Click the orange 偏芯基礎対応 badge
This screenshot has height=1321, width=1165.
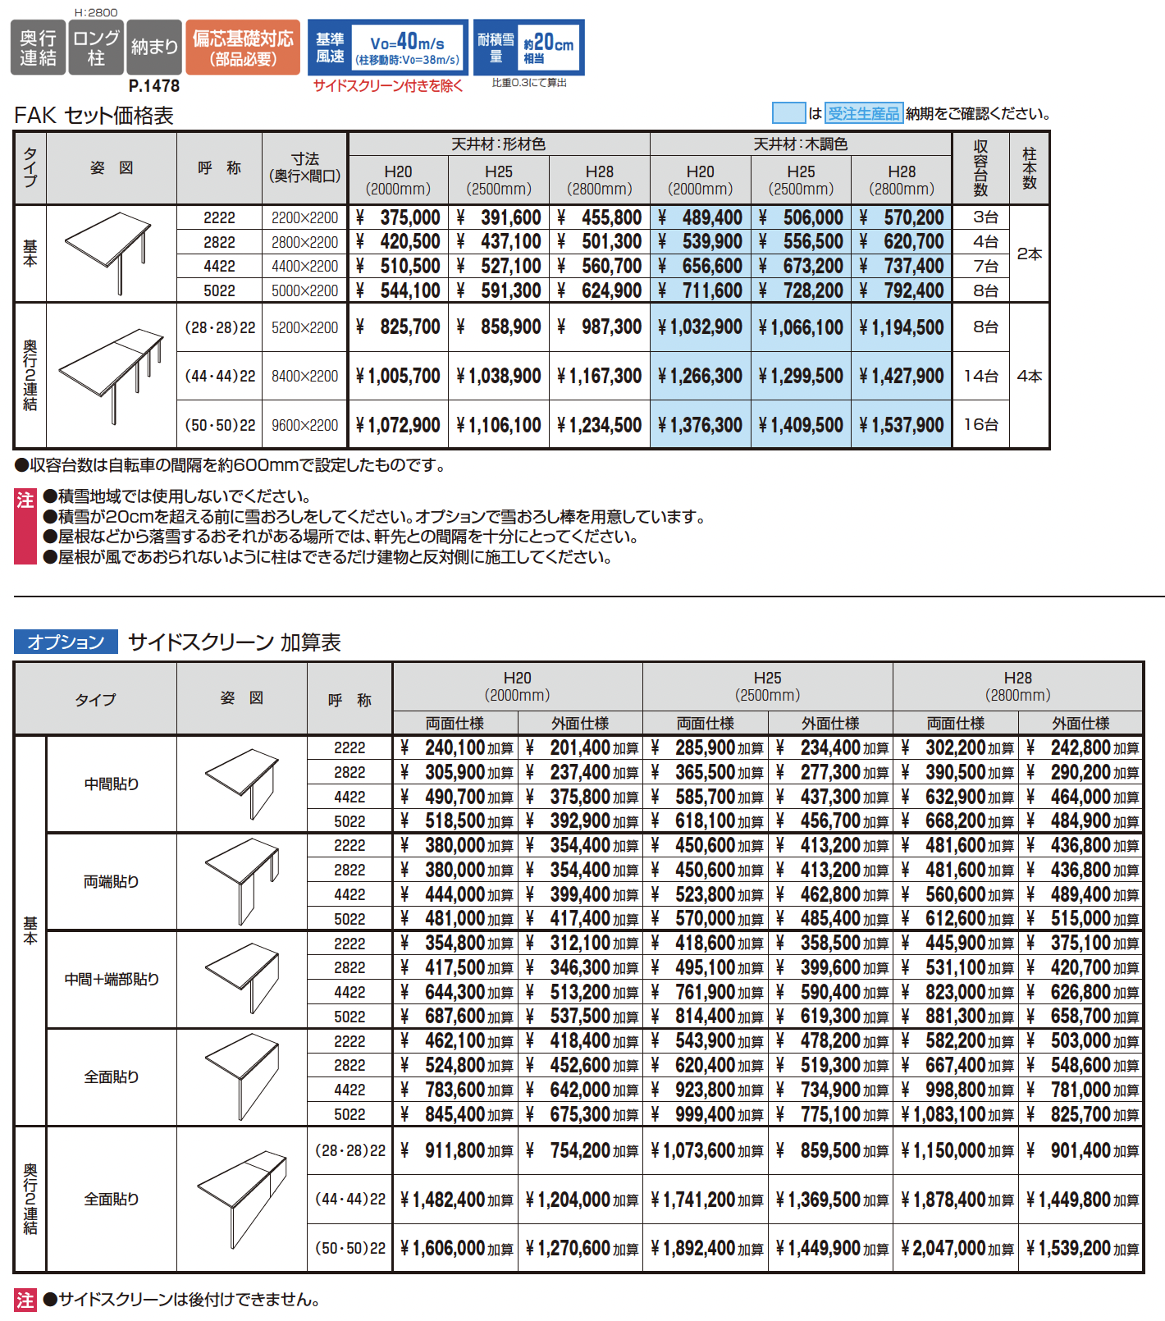(x=243, y=48)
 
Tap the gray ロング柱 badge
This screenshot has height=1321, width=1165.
(x=96, y=48)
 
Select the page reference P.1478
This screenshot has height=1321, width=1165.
(x=154, y=85)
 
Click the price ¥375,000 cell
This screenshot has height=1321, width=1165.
(x=400, y=217)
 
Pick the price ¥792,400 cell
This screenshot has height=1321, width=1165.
(x=902, y=290)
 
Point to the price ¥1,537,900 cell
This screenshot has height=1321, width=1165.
(x=902, y=425)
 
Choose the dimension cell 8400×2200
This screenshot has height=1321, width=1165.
(x=304, y=377)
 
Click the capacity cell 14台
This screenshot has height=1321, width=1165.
(x=981, y=377)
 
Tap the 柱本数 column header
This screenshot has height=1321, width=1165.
(x=1030, y=168)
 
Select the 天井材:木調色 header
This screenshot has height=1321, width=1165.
(x=801, y=144)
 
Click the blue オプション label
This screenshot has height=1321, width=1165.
(x=66, y=642)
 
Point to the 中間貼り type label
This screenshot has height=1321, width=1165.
(x=112, y=784)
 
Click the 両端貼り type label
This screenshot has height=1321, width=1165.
(x=112, y=882)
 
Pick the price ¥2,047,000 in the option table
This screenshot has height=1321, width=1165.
(x=957, y=1249)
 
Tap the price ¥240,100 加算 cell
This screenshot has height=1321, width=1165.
(x=456, y=747)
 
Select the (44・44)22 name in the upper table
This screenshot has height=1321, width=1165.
(x=220, y=377)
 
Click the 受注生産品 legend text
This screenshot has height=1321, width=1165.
(x=863, y=113)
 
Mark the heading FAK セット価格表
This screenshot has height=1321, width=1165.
(x=94, y=116)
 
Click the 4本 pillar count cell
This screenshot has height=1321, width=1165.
(x=1030, y=377)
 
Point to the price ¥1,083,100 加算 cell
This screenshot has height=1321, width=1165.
(x=957, y=1114)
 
